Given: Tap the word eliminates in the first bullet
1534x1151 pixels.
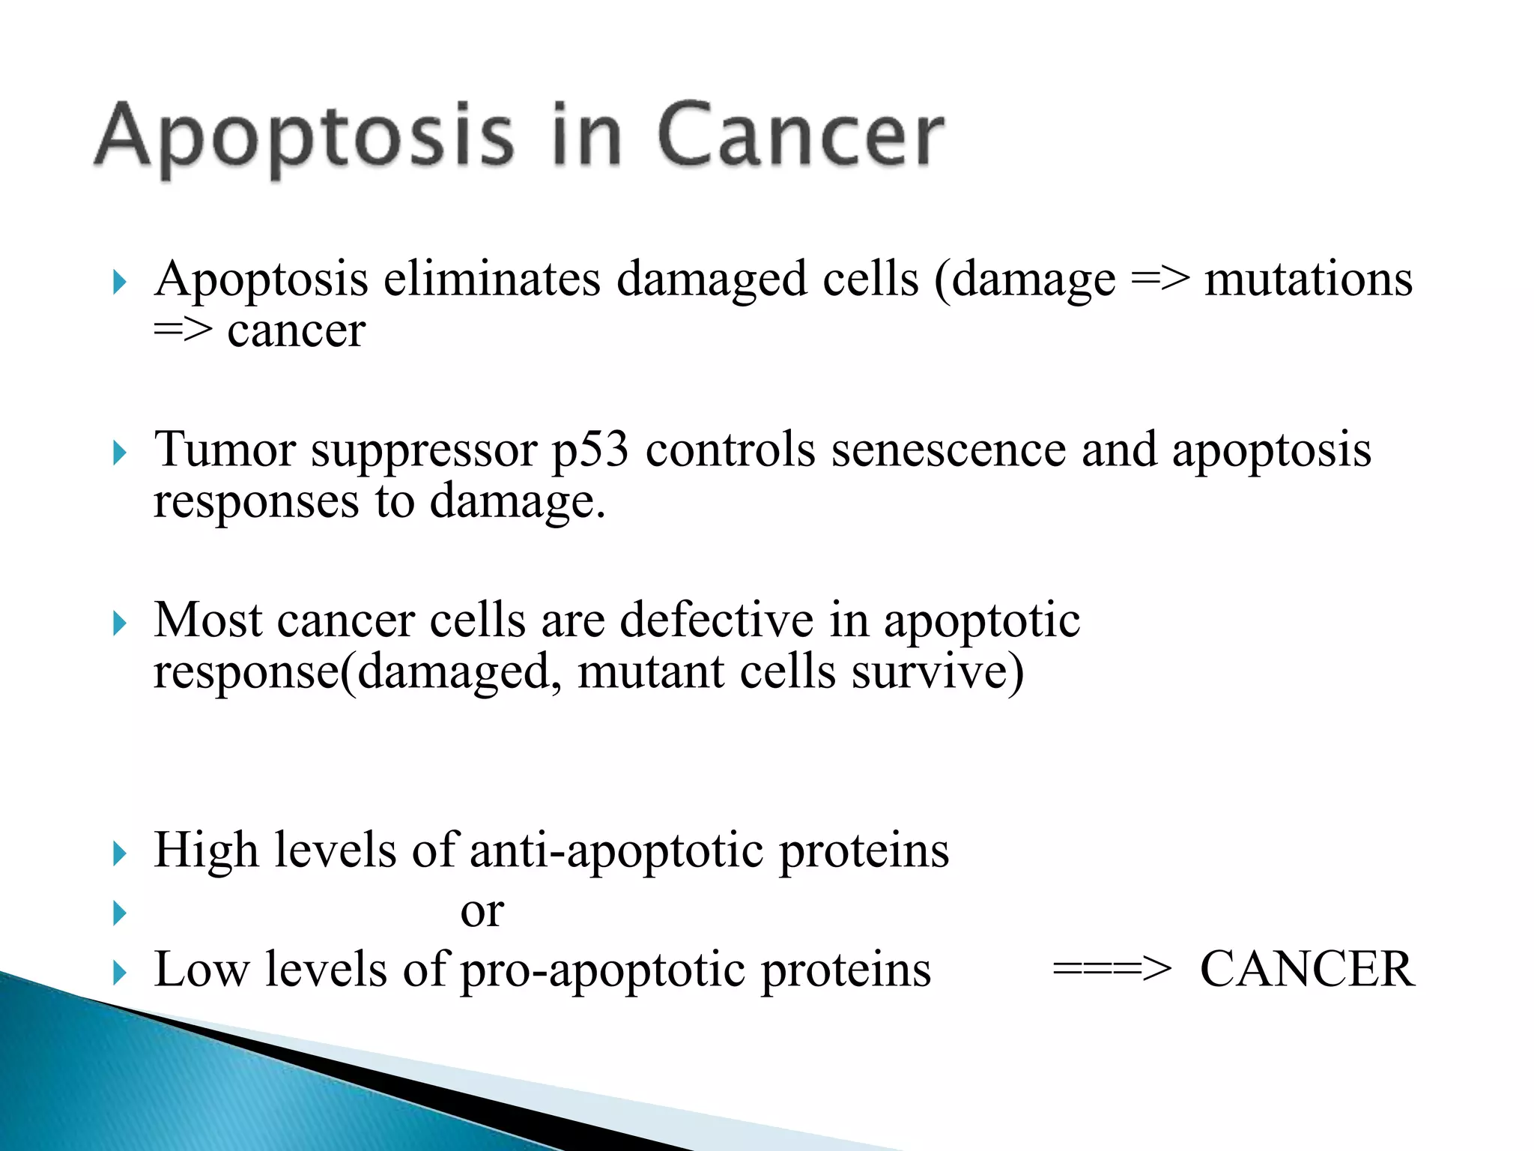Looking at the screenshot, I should (492, 280).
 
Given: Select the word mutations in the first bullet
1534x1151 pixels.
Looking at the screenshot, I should (1308, 280).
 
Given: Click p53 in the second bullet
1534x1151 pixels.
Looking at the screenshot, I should (590, 452).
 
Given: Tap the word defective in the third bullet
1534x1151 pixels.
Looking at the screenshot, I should (717, 620).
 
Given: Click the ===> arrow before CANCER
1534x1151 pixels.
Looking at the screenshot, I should (1112, 970).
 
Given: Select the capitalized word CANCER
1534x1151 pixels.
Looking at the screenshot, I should (1307, 970).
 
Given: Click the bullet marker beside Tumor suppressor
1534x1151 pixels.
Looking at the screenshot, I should (120, 453).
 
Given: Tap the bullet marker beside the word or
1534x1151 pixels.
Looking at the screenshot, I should (120, 913).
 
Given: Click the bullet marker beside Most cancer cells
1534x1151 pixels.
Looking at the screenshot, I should (120, 623).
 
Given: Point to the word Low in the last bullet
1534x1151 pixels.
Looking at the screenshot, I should (201, 970).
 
